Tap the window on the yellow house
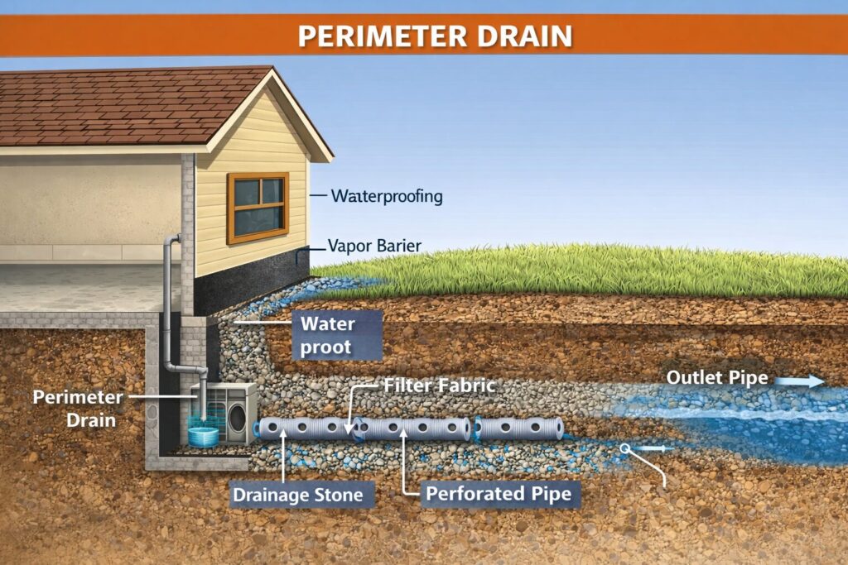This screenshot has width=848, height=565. point(258,208)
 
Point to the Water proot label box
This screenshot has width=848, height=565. point(337,335)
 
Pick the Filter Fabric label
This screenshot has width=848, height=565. point(440,385)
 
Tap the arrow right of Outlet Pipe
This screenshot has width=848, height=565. point(803,381)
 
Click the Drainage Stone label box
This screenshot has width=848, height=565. point(297,495)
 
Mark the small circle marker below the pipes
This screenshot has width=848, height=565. point(625,448)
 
